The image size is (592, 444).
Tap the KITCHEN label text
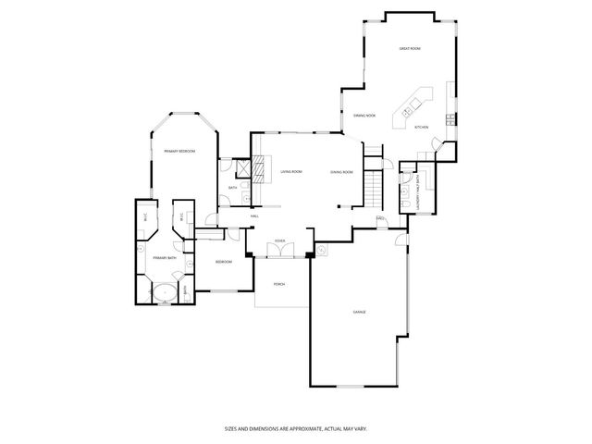coord(421,128)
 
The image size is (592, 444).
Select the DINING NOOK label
coord(364,116)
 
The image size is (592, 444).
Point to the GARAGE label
coord(359,312)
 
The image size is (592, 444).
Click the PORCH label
coord(277,285)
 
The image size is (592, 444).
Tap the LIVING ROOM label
coord(291,172)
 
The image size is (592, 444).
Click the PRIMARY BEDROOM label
coord(179,150)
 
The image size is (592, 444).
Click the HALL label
coord(254,216)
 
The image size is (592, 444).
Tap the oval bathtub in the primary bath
coord(164,293)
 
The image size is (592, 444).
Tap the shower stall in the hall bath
coord(242,169)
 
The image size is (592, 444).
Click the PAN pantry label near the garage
coord(380,218)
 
